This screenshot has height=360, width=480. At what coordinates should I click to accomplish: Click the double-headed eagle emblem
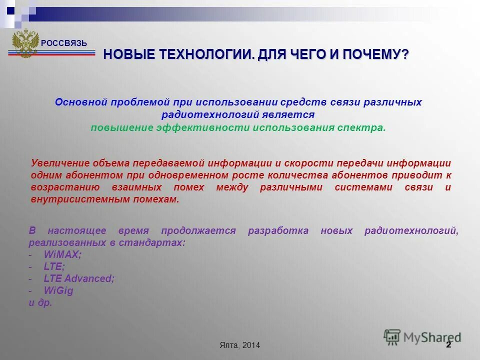[x=25, y=43]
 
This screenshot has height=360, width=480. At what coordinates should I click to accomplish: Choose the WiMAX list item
[x=62, y=254]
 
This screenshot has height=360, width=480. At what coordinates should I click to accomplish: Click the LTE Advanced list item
[x=79, y=278]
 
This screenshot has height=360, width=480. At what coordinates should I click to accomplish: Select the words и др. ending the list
[x=40, y=302]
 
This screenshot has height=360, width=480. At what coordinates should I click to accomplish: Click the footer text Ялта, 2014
[x=239, y=345]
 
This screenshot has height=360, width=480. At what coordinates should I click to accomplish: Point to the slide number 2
[x=448, y=344]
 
